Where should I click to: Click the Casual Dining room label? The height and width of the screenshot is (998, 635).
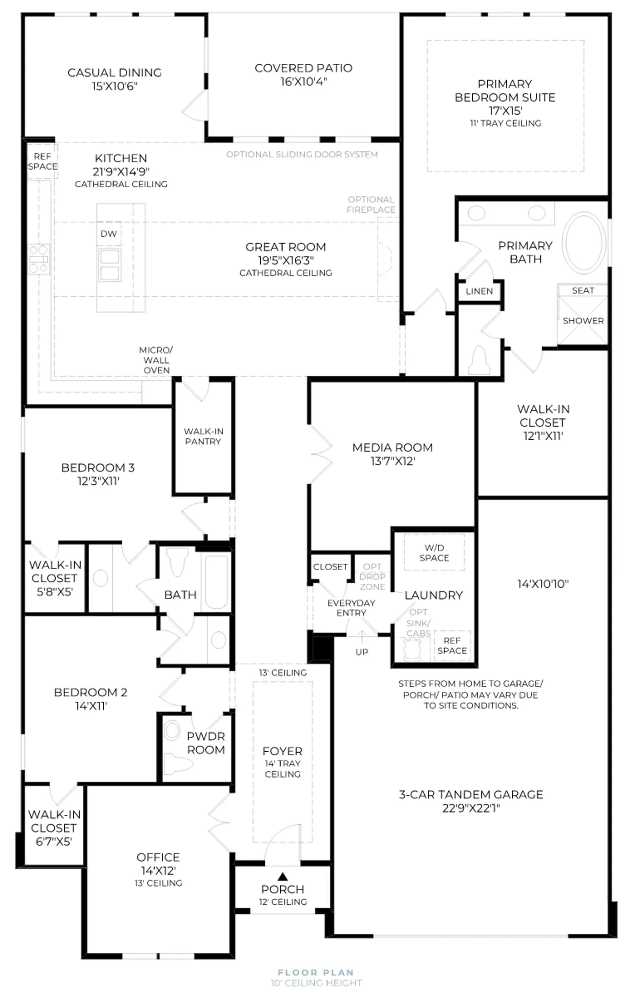114,72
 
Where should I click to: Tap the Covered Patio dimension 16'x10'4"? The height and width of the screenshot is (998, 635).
303,82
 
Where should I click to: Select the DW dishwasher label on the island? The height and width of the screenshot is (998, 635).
109,234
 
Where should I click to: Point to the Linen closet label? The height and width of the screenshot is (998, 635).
479,291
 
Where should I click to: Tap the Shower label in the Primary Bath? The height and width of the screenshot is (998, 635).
583,321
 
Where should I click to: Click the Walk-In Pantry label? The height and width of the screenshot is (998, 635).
204,436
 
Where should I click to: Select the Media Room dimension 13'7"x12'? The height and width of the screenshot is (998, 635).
392,461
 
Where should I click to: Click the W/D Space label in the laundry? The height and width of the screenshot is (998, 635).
434,553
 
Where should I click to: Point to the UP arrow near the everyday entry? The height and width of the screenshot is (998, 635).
362,636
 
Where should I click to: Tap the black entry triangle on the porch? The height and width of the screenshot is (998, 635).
282,876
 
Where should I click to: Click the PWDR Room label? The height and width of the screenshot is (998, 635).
206,743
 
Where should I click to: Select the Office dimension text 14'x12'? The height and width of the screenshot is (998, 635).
158,870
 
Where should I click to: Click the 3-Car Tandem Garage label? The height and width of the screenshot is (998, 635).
471,794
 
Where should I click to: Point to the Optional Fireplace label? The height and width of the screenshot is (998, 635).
371,204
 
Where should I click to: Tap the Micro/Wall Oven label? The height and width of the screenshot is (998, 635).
156,360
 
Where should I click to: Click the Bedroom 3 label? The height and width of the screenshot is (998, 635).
98,468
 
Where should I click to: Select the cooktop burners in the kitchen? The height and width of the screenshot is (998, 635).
39,259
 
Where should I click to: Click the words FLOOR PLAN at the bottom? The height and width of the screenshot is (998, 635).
316,972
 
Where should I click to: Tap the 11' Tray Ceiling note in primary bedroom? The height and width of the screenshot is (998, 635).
506,123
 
